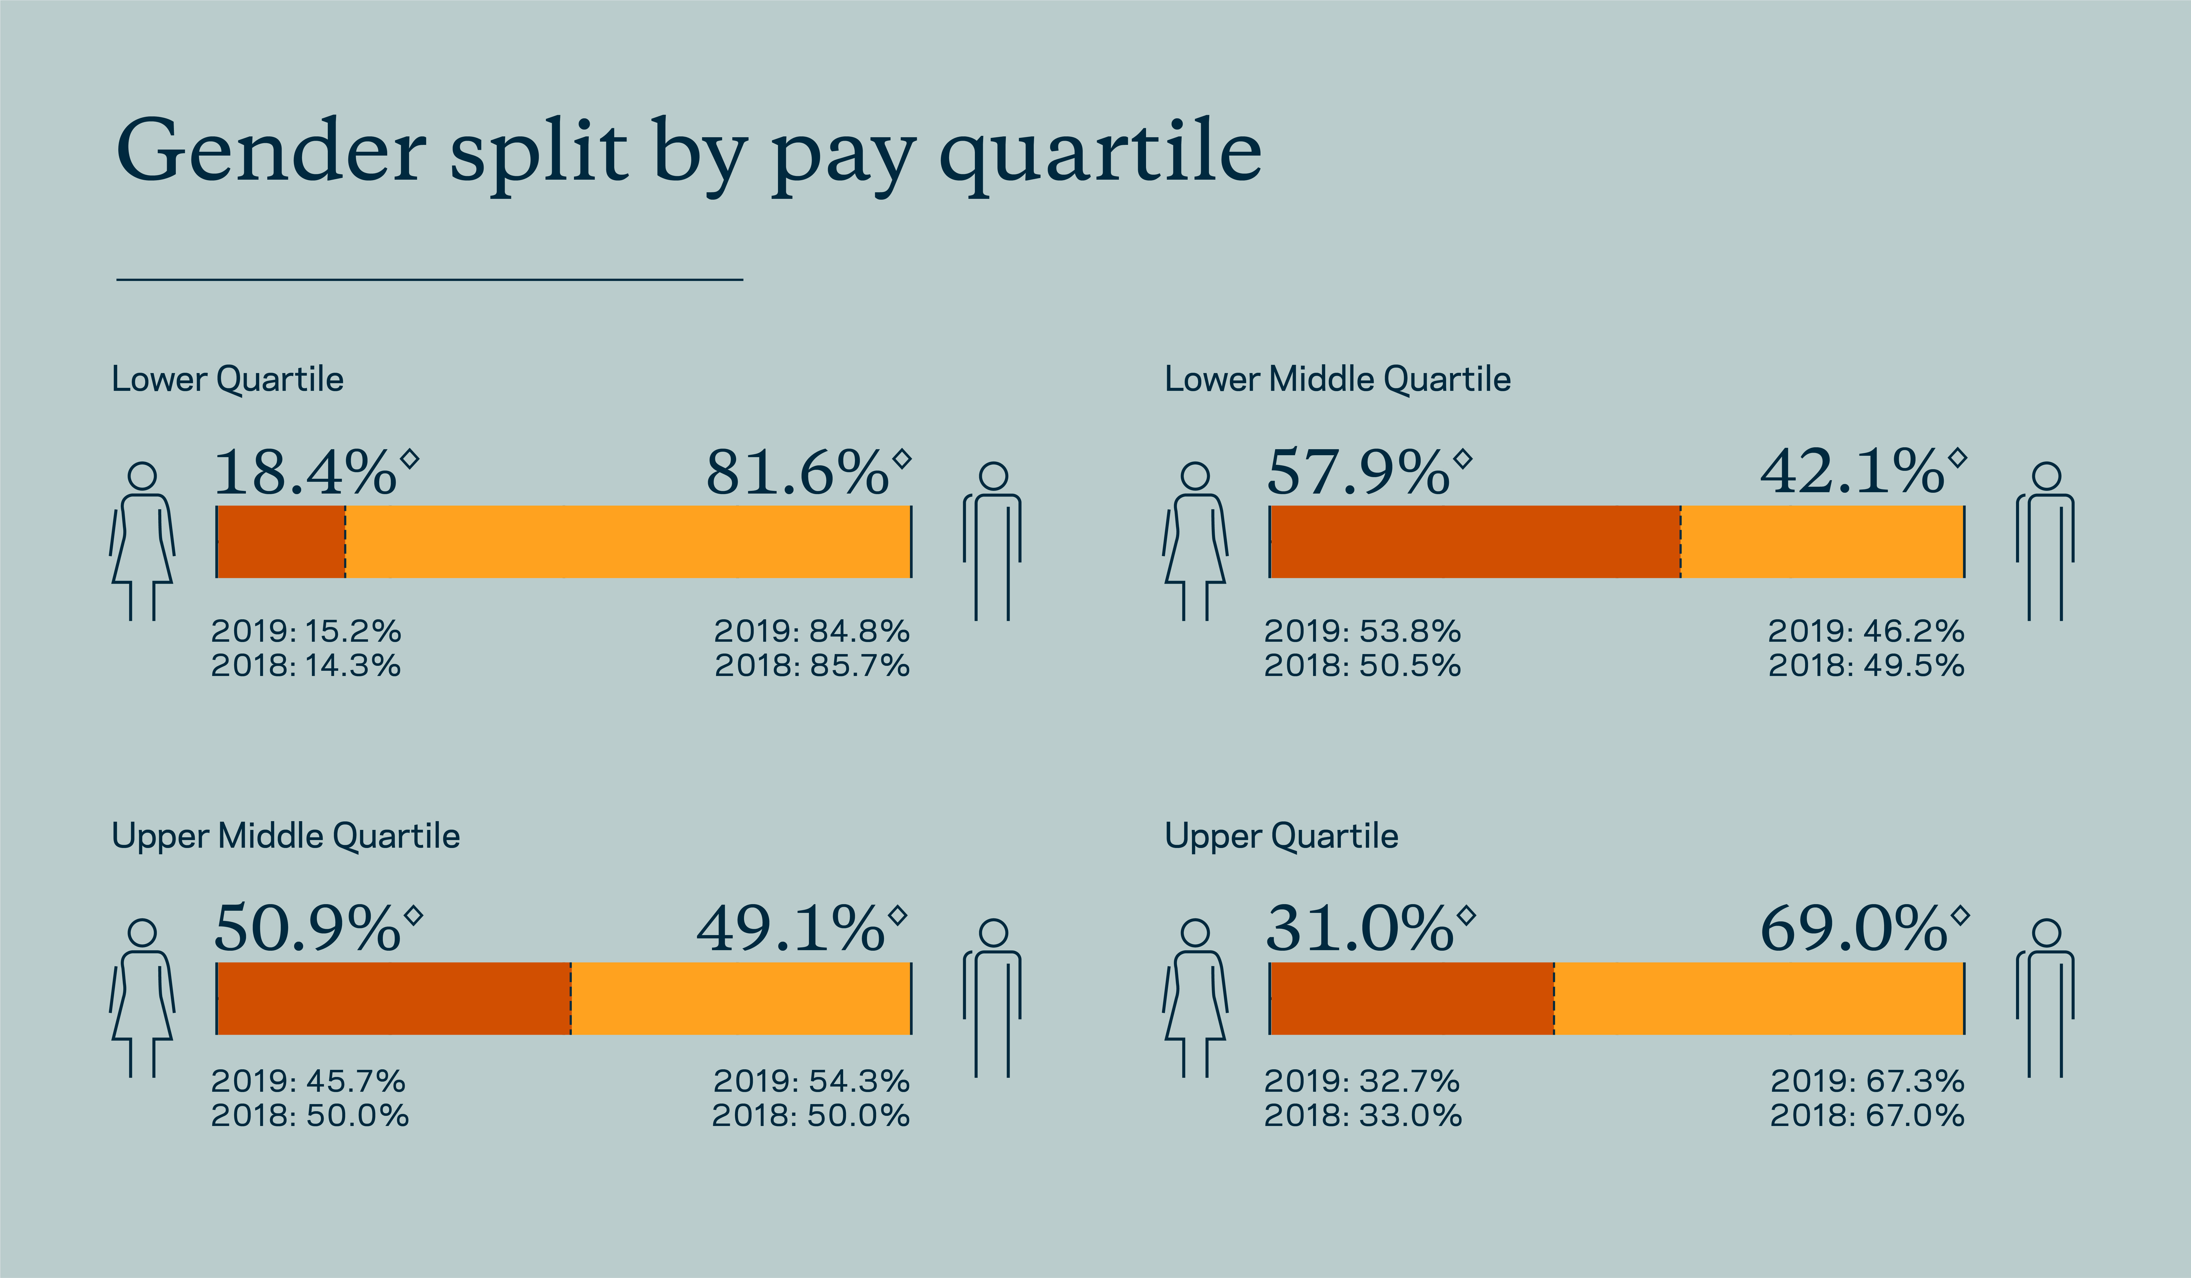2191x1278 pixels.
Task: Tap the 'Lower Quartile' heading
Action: [x=228, y=379]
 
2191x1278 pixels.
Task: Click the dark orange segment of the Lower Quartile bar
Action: [x=281, y=541]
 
